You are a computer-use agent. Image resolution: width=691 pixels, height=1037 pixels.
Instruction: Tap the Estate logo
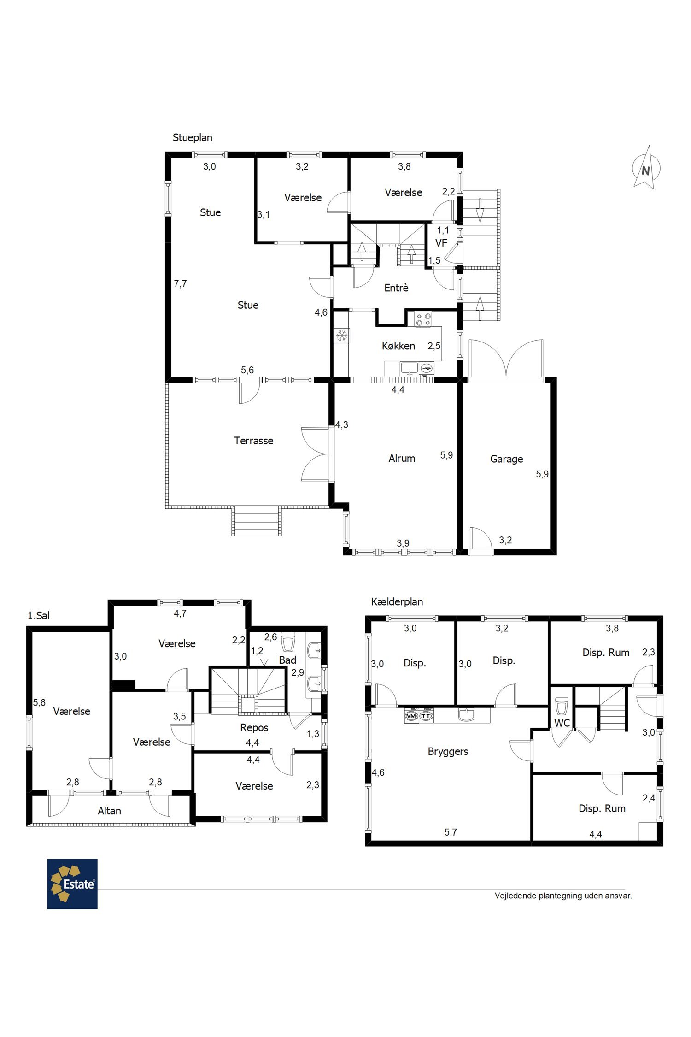[72, 884]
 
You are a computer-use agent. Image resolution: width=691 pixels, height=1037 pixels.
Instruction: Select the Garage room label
[506, 459]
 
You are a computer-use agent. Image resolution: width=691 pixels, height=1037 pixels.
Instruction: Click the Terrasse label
[253, 441]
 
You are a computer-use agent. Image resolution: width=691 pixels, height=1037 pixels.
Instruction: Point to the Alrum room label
[402, 458]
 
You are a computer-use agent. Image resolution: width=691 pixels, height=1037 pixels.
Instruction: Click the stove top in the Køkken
[423, 319]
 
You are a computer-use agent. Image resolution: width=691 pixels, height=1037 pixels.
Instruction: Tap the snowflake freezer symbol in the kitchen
[342, 335]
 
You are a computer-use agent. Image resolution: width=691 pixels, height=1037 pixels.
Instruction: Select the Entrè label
[396, 288]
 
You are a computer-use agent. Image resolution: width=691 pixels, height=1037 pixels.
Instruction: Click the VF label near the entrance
[441, 242]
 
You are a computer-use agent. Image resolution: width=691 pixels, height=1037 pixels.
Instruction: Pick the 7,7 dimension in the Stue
[180, 283]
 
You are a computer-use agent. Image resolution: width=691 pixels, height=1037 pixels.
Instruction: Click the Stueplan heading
[193, 137]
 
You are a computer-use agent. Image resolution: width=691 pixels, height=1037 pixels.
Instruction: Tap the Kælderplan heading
[397, 601]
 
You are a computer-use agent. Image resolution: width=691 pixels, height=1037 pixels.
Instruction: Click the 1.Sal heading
[39, 615]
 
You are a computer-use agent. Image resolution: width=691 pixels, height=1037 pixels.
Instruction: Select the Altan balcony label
[109, 811]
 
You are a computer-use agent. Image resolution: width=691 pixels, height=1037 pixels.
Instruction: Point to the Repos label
[254, 727]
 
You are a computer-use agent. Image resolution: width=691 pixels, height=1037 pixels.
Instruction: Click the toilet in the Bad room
[288, 642]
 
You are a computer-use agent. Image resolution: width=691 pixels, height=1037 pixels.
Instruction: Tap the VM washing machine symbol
[411, 716]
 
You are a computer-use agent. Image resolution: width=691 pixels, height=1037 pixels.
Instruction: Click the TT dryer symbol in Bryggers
[427, 716]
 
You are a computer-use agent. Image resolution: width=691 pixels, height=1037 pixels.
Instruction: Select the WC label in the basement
[562, 723]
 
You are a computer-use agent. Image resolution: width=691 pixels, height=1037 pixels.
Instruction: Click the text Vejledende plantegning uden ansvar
[563, 896]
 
